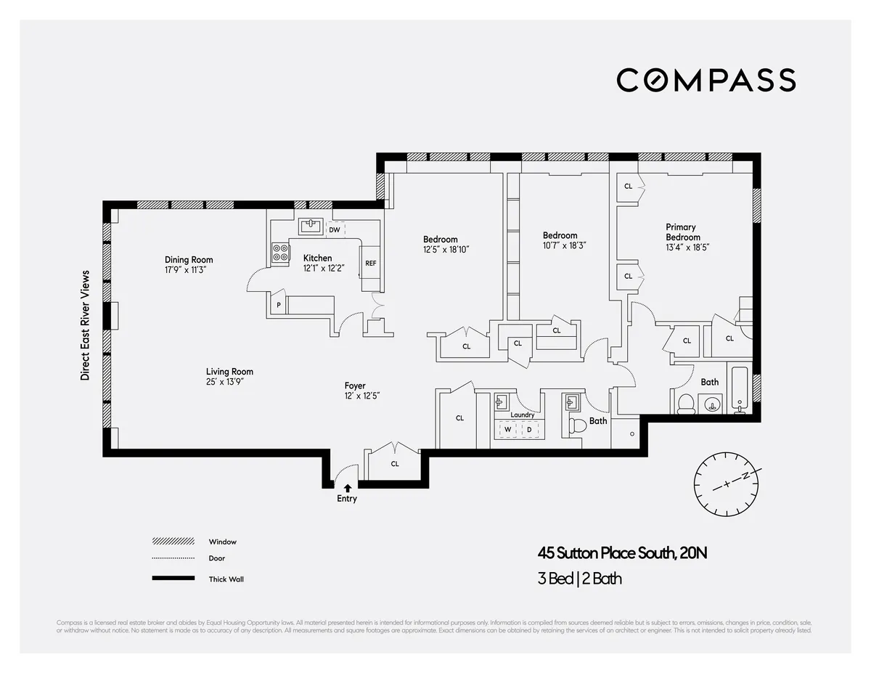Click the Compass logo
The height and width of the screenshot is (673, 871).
pos(706,80)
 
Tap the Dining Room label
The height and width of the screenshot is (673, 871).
pos(189,260)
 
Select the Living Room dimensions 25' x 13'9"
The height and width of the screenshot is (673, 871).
pos(229,381)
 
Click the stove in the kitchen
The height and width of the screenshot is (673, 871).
pos(280,252)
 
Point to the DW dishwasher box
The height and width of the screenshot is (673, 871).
pos(334,230)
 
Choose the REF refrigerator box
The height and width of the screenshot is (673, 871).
pos(370,264)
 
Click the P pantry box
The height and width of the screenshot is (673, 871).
pos(278,306)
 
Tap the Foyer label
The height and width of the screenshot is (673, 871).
pos(355,386)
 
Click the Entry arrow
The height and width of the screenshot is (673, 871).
pos(348,488)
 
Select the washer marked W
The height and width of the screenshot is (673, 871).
pos(508,430)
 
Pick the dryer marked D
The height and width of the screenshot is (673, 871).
pos(529,430)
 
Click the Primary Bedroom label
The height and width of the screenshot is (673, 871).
pos(683,232)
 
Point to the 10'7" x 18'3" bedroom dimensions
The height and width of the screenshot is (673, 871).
pos(564,245)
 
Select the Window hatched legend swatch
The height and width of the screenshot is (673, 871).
pos(173,542)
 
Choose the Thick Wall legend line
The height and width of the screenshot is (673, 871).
pos(173,579)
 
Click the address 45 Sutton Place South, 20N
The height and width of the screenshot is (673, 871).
pos(621,553)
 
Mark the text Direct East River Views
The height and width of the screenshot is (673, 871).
pos(85,325)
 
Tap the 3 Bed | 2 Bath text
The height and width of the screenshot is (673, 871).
pos(579,579)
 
